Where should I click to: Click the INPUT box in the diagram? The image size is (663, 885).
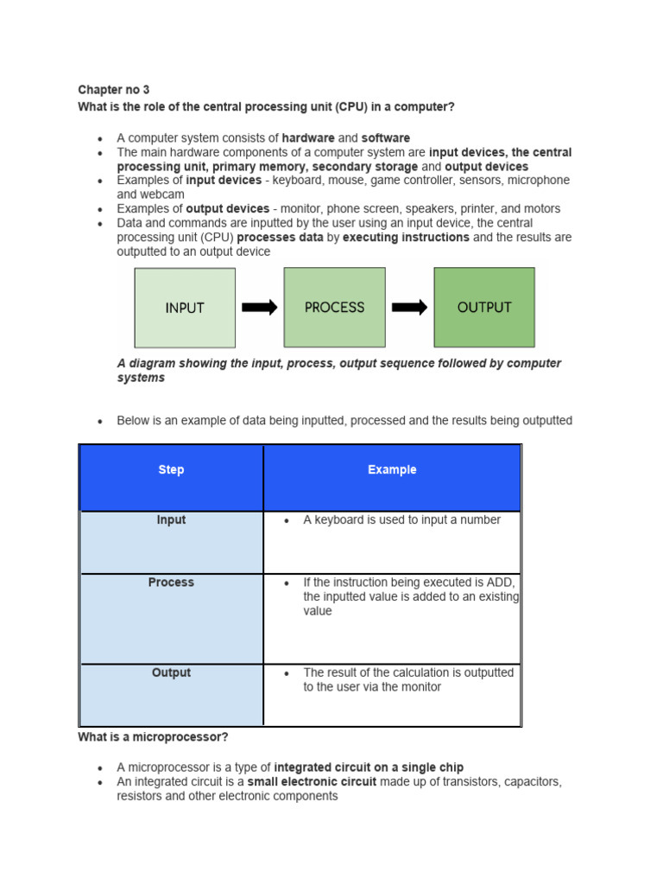185,308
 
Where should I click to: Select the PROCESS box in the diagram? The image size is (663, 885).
334,308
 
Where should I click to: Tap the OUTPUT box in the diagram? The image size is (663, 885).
483,308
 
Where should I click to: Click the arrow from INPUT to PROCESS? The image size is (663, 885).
259,308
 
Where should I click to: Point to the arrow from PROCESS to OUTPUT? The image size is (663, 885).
409,308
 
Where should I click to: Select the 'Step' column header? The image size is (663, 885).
171,470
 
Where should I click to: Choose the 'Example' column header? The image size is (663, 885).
392,470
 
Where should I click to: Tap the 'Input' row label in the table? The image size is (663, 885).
171,520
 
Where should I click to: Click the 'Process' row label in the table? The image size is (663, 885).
171,583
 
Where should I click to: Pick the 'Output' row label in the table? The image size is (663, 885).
171,672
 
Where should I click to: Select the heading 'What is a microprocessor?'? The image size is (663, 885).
153,737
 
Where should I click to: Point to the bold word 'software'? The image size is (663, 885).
386,138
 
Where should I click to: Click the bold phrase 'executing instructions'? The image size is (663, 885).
406,237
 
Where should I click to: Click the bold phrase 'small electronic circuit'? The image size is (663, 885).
312,781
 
